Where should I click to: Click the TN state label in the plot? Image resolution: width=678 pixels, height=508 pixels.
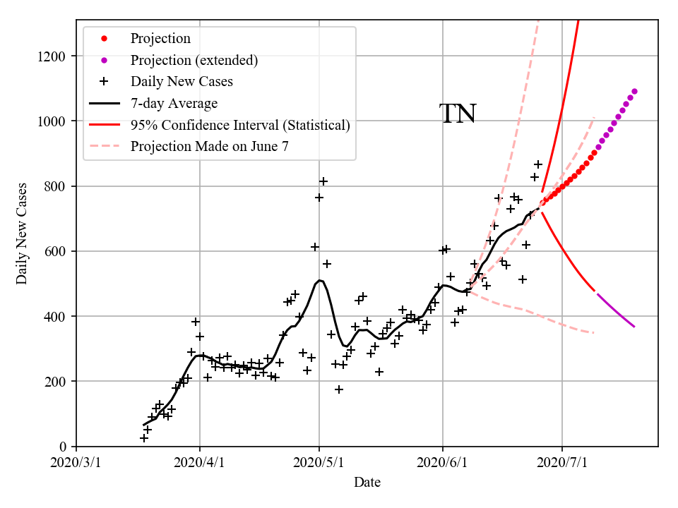[458, 114]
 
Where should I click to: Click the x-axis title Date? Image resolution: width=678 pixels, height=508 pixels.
[367, 483]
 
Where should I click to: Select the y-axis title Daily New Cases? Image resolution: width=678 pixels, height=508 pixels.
[22, 233]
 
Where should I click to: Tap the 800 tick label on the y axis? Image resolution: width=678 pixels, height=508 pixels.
[56, 186]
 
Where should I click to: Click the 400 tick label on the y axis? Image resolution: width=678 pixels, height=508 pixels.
[56, 316]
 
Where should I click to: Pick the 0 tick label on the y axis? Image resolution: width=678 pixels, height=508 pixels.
[64, 447]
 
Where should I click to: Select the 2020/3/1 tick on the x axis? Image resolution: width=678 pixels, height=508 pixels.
[77, 464]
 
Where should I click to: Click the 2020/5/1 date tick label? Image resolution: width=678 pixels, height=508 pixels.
[319, 464]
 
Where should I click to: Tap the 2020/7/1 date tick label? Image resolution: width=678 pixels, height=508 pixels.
[562, 464]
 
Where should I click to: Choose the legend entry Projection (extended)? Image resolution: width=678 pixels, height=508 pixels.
[194, 60]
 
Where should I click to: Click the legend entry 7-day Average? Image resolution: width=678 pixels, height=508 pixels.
[174, 103]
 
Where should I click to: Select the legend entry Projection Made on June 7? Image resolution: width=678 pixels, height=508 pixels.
[210, 146]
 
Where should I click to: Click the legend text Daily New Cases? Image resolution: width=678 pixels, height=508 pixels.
[182, 81]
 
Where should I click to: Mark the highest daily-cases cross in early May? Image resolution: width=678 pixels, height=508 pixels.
[323, 181]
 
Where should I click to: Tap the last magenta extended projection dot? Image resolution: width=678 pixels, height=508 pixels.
[634, 91]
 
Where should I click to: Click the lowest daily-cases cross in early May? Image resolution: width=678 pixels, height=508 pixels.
[339, 389]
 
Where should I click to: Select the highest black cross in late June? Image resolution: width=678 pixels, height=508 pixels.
[538, 164]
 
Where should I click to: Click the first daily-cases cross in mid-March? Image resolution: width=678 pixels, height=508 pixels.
[144, 438]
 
